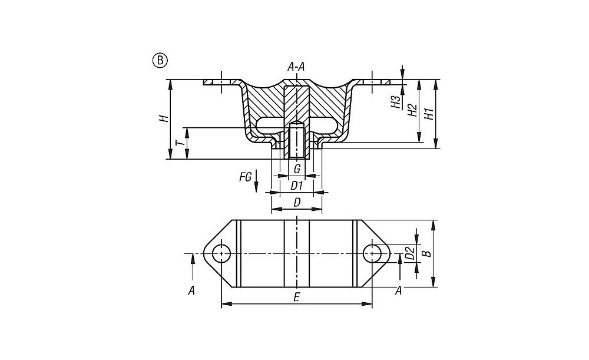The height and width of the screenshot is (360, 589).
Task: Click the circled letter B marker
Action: click(x=160, y=60)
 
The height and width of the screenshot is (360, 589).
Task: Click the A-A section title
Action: click(x=296, y=67)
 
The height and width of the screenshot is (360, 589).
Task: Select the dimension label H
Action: click(x=166, y=118)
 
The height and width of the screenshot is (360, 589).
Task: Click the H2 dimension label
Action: click(x=412, y=110)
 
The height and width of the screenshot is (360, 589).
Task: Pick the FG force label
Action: click(x=246, y=176)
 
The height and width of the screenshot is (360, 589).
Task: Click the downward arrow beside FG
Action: click(x=257, y=187)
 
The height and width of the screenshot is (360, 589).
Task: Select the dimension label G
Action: click(x=297, y=169)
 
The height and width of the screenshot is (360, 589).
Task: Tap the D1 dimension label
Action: click(x=297, y=186)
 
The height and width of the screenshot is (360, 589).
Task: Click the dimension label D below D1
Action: click(x=297, y=202)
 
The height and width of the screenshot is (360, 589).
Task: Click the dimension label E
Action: click(x=297, y=298)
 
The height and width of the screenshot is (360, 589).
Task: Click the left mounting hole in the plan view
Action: click(x=221, y=254)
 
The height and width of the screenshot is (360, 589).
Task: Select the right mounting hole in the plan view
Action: click(x=372, y=254)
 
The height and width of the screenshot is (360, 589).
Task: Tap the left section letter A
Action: click(x=191, y=289)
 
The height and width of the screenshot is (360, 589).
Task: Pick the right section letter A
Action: click(x=399, y=289)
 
